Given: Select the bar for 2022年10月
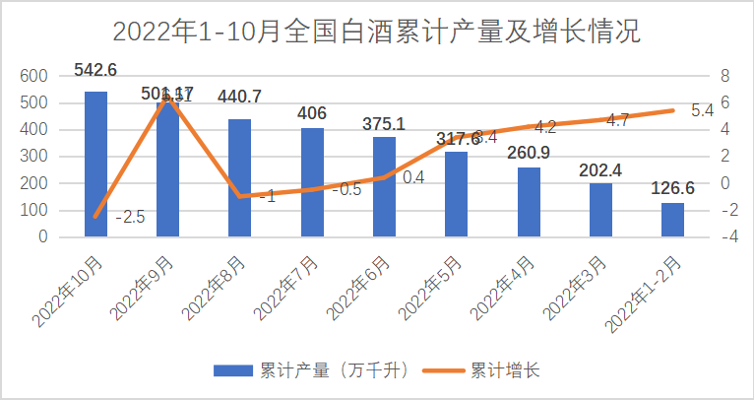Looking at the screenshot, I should tap(95, 164).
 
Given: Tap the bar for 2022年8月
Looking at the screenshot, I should tap(240, 177).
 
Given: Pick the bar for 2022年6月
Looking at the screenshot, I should tap(385, 186).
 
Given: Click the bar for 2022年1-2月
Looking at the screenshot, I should tap(672, 219).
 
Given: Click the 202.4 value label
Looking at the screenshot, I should tap(600, 168).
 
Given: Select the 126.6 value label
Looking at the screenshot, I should tap(672, 189).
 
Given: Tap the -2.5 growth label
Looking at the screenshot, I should tap(130, 217).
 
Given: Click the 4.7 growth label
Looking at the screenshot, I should tap(618, 120).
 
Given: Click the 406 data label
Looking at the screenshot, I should tap(312, 112).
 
